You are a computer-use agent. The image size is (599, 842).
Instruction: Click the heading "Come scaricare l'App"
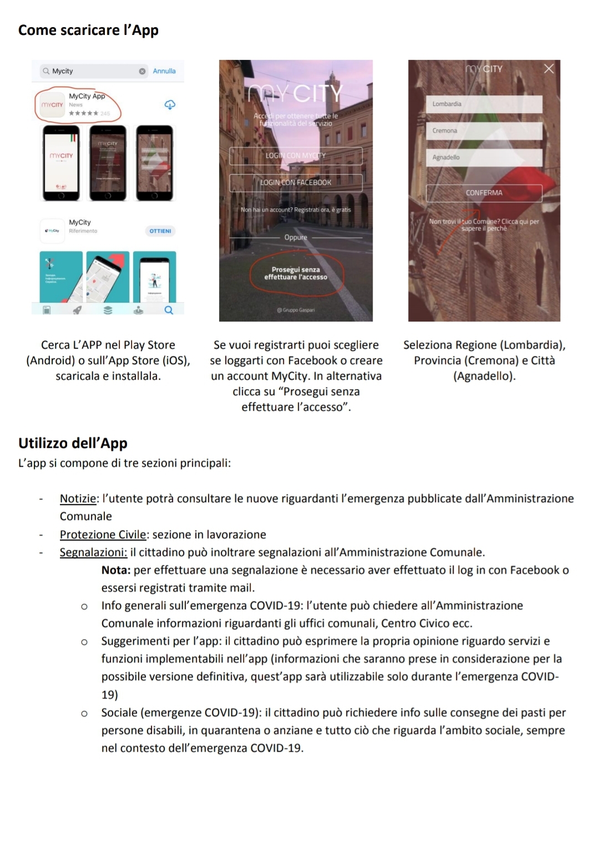pos(88,30)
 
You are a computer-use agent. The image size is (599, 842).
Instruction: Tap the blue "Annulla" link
pos(164,71)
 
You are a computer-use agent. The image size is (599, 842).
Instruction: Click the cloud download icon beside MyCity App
pos(170,105)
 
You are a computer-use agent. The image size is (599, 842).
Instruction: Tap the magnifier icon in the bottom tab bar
pos(169,310)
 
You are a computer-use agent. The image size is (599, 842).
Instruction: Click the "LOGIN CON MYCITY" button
pos(296,156)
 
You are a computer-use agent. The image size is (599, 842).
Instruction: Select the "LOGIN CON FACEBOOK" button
pos(296,182)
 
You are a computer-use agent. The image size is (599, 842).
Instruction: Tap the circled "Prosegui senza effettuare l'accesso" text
pos(296,273)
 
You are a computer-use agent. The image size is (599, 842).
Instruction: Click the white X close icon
pos(549,69)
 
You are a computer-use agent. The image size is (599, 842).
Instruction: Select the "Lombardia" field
pos(484,104)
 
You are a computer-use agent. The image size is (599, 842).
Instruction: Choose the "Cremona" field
pos(484,131)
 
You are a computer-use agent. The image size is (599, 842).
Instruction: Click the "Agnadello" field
pos(484,157)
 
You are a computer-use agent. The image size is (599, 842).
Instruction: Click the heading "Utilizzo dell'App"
pos(73,443)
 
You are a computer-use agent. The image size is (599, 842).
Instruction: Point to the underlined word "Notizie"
pos(78,498)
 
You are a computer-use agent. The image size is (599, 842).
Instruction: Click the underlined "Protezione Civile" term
pos(103,534)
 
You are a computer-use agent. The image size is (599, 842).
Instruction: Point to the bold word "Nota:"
pos(116,570)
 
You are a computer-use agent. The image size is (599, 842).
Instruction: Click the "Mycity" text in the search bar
pos(63,71)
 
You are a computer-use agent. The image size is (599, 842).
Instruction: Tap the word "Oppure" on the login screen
pos(296,237)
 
